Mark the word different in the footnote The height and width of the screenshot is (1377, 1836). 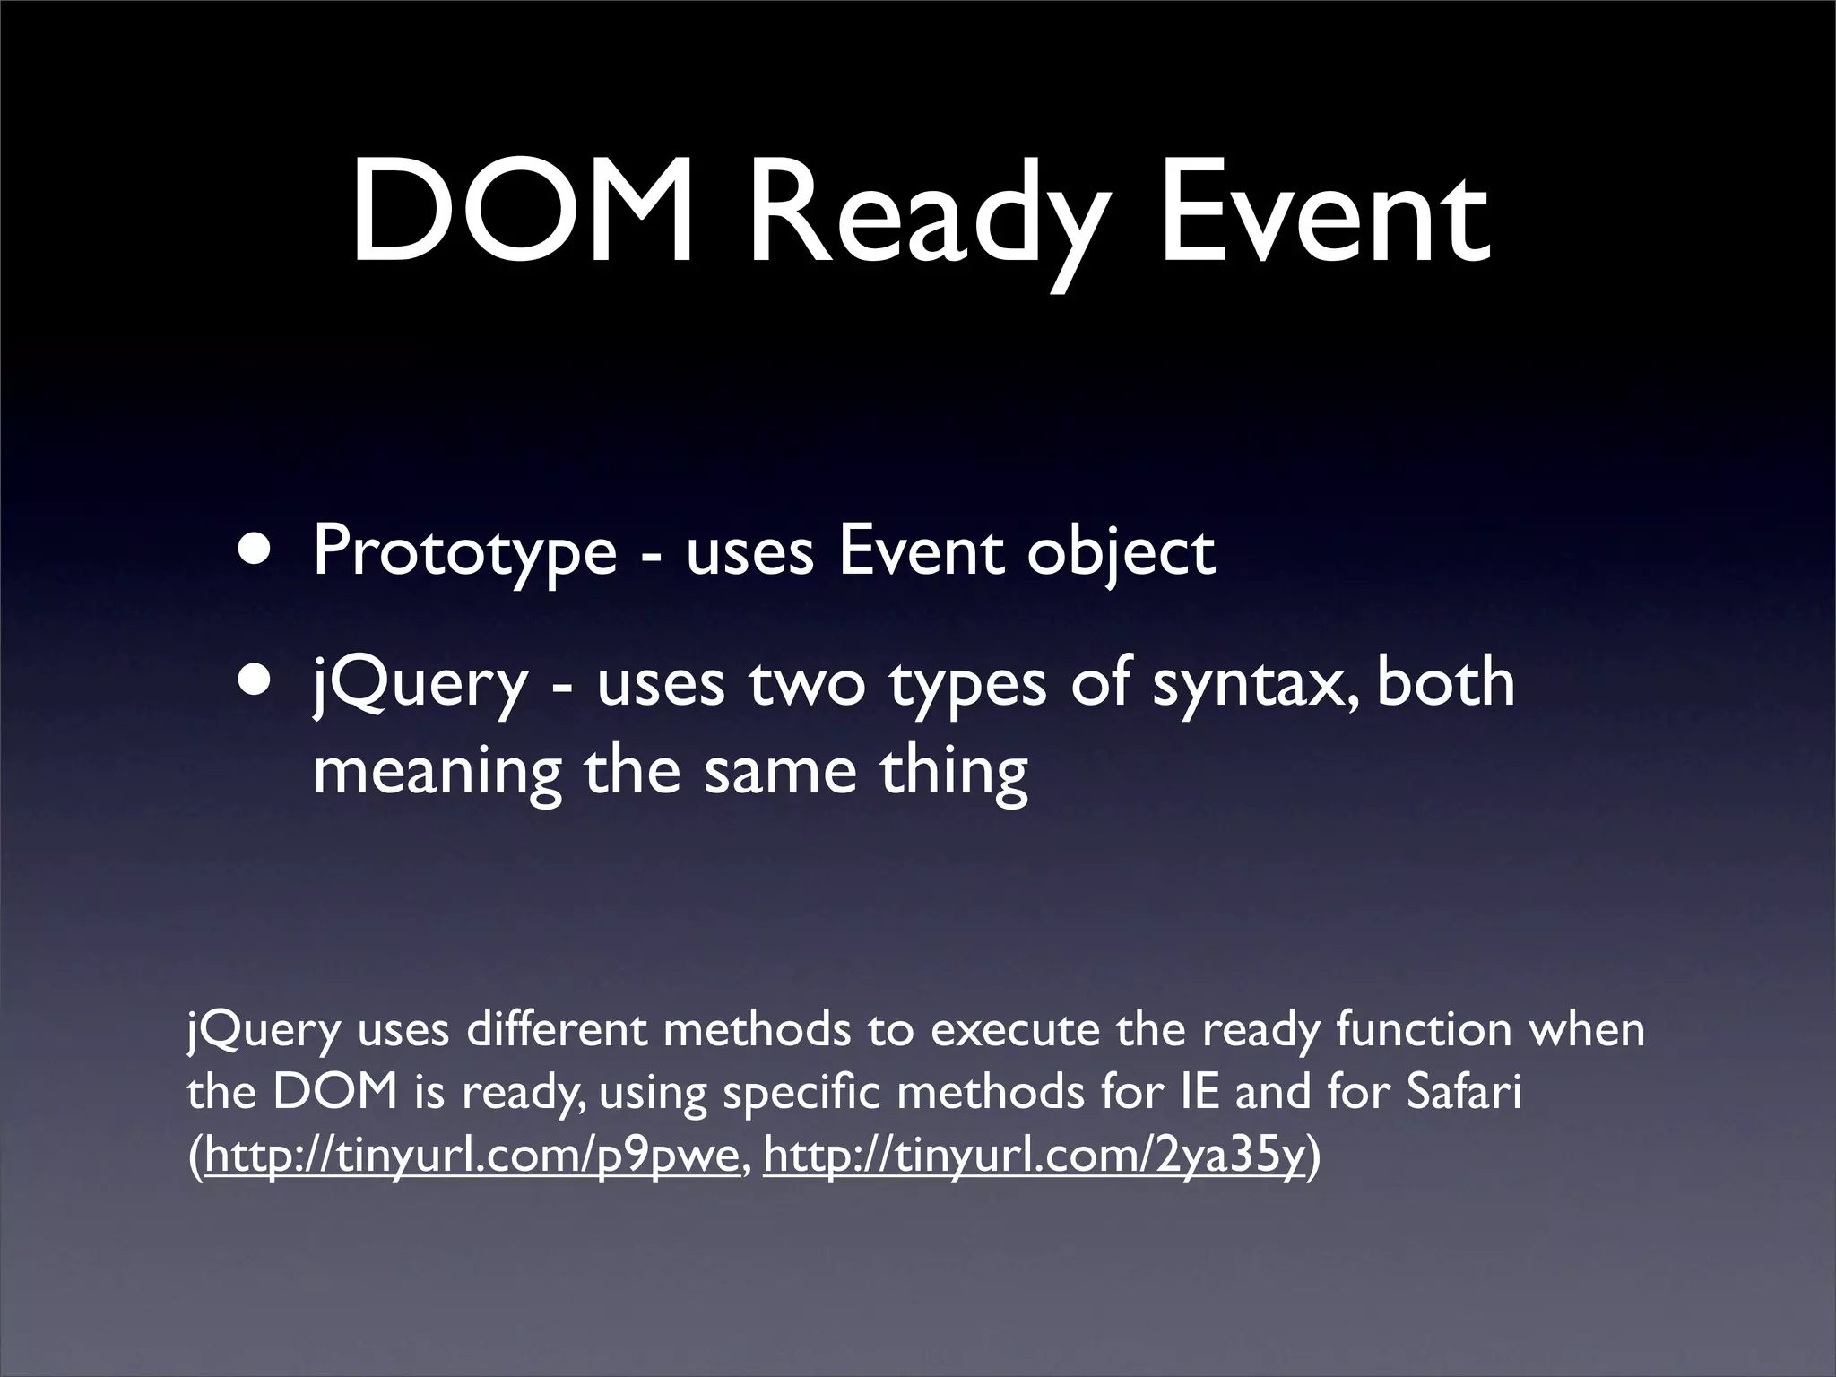point(555,1029)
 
